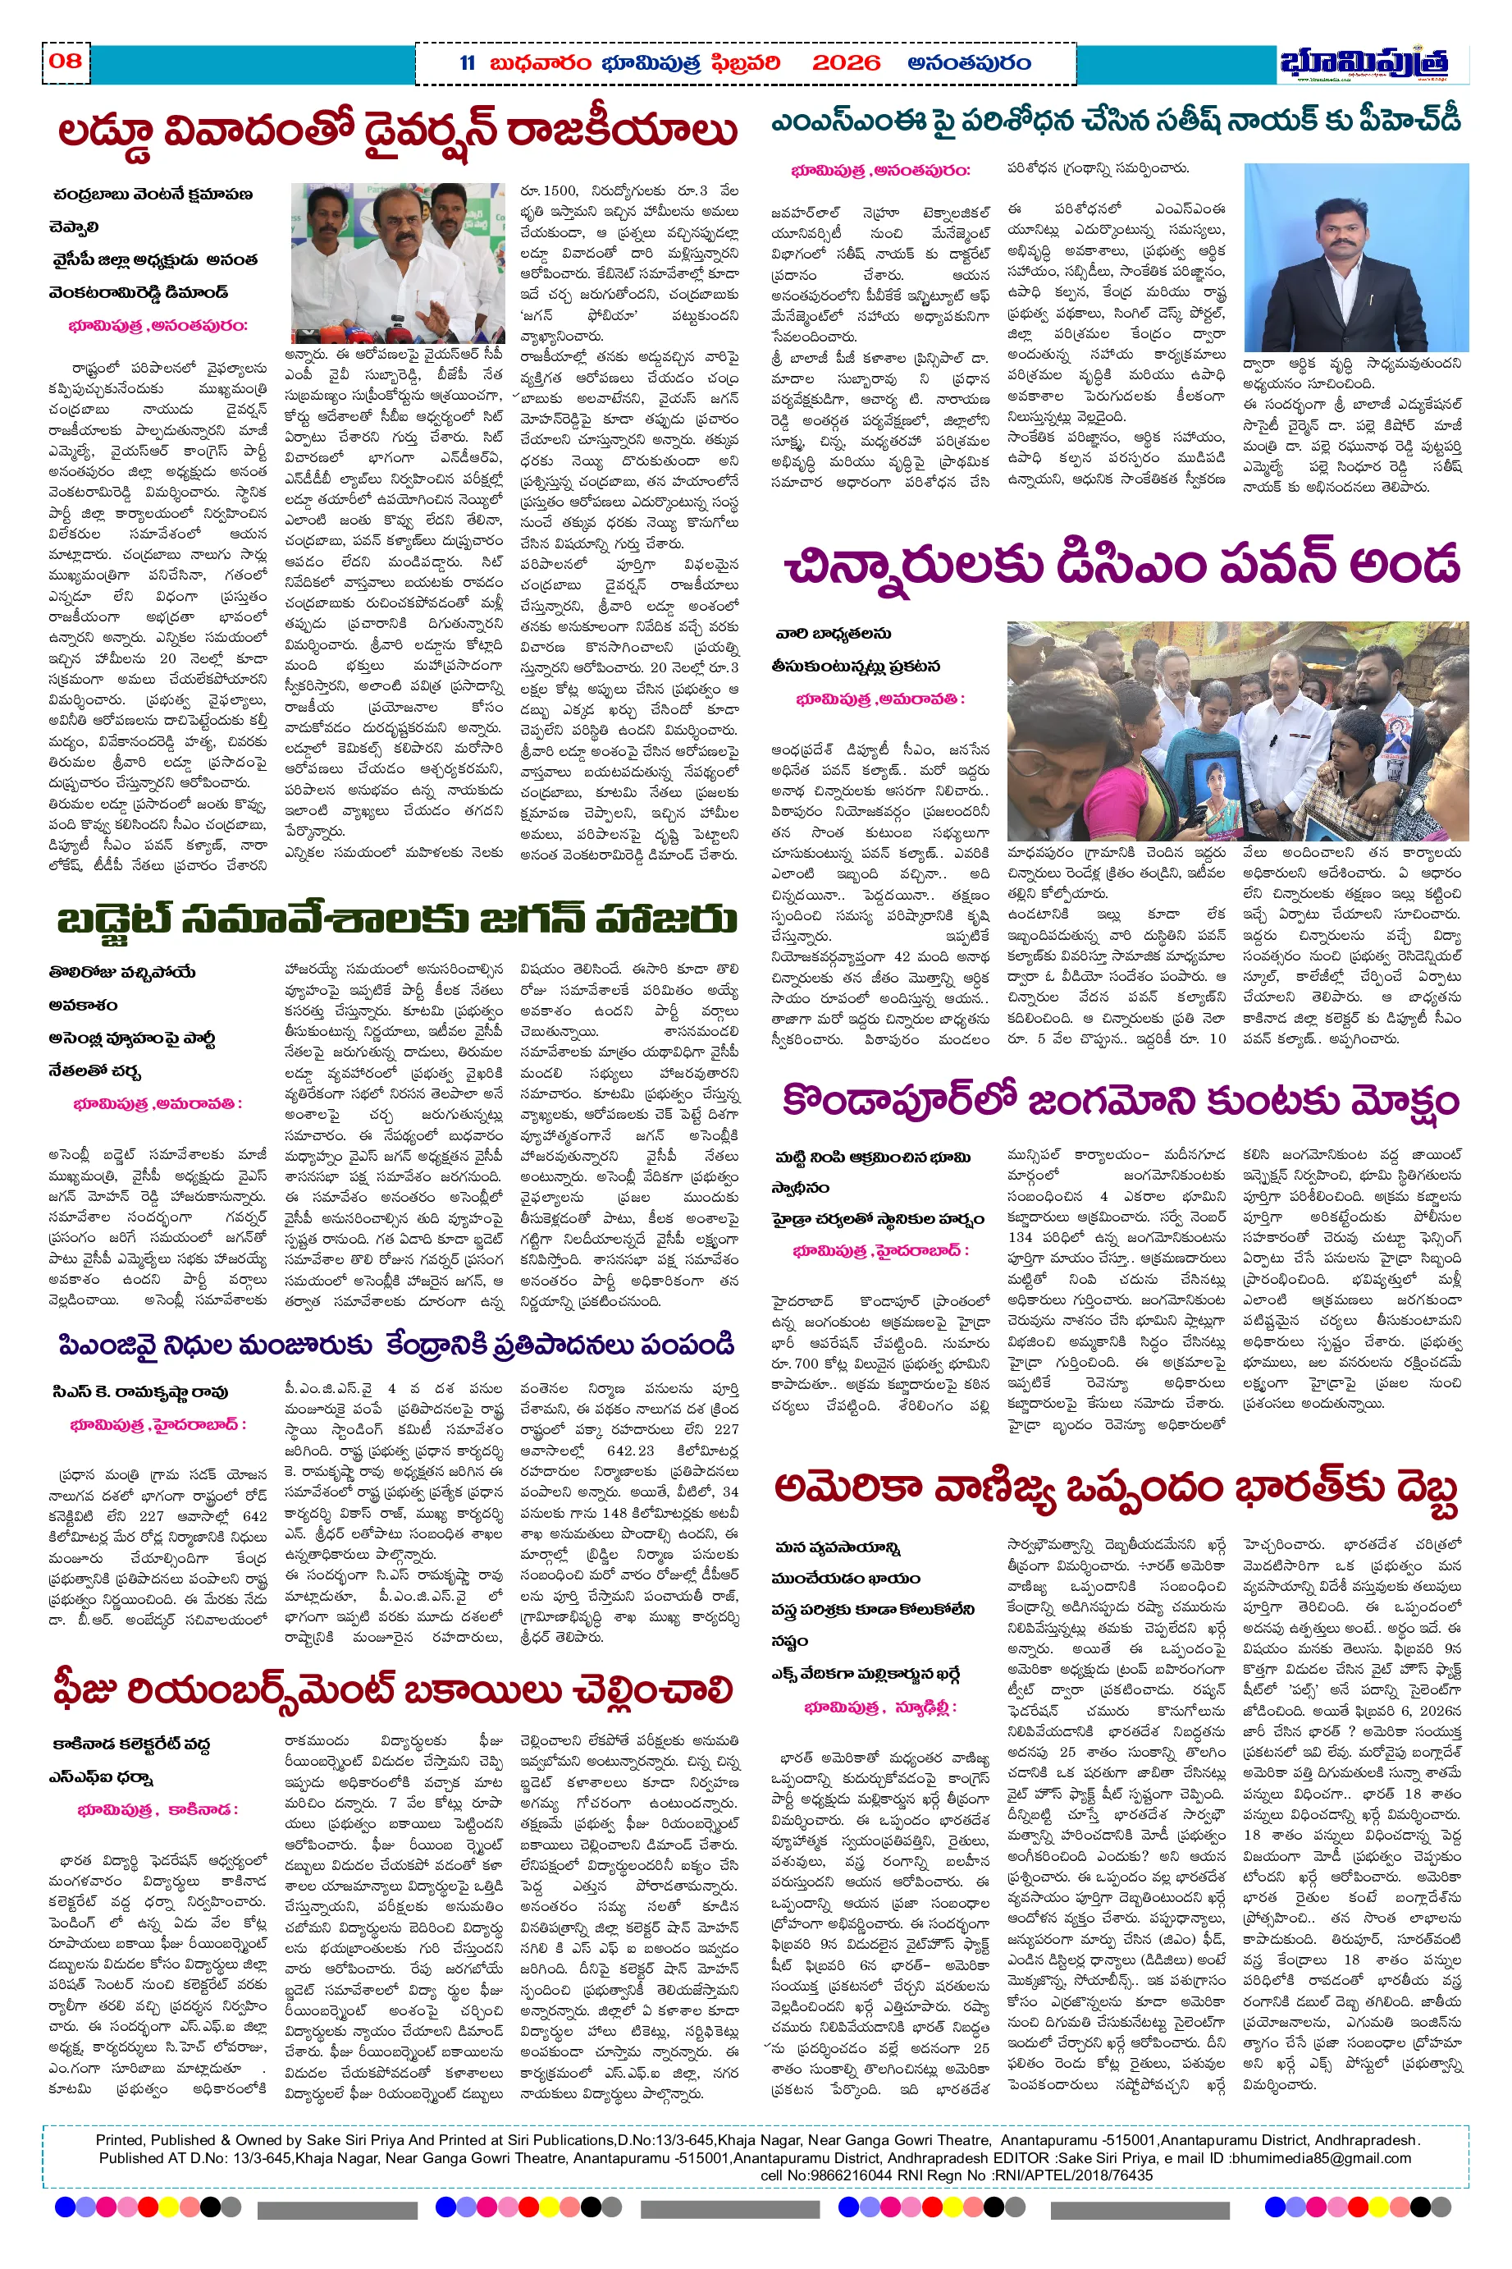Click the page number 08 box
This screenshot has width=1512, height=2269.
click(66, 62)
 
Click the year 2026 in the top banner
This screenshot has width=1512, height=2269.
click(846, 64)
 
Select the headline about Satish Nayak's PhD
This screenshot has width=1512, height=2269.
click(1116, 121)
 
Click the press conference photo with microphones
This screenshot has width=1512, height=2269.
click(397, 263)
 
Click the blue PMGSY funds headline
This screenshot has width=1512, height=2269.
click(395, 1345)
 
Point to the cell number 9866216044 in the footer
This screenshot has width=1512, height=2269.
click(853, 2175)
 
